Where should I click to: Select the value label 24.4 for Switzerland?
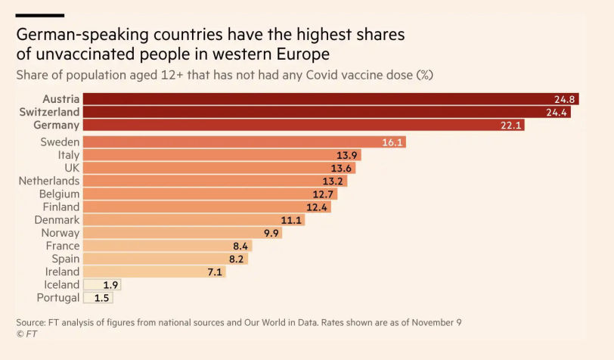[557, 112]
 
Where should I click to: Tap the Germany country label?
[55, 125]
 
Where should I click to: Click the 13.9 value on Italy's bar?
[348, 155]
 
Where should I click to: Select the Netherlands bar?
[204, 181]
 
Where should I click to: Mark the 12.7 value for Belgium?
[324, 194]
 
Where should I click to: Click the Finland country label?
[60, 206]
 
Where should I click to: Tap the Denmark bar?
[181, 220]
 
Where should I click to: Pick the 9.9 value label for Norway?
[269, 233]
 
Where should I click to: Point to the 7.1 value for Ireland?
[213, 272]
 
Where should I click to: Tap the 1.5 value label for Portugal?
[101, 298]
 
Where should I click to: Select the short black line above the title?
[40, 15]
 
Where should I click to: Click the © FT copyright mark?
[26, 334]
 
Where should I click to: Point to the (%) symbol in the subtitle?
[425, 75]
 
